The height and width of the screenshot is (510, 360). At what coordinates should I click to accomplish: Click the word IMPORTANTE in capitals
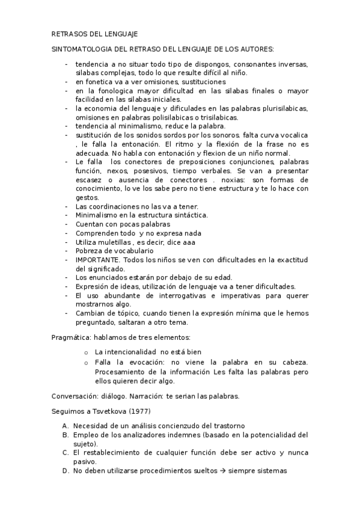(x=97, y=259)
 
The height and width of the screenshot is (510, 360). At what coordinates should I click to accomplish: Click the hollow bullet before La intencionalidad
(x=87, y=352)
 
